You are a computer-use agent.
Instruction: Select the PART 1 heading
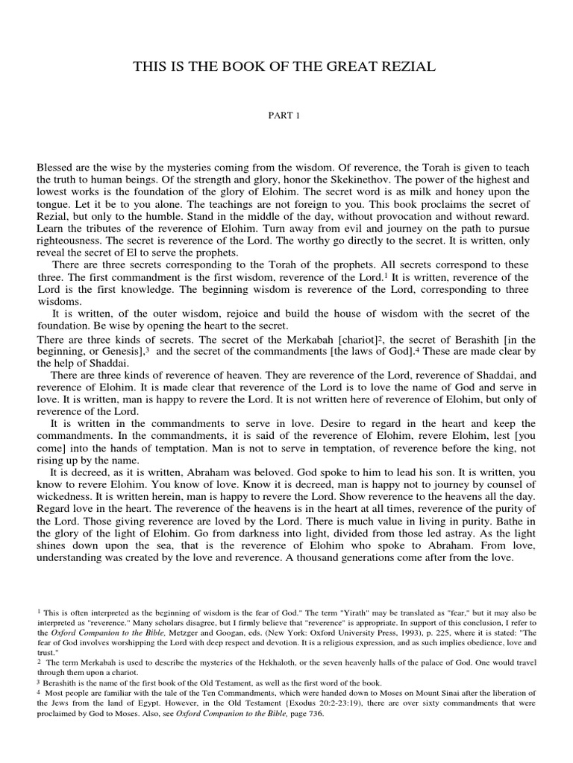coord(286,115)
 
